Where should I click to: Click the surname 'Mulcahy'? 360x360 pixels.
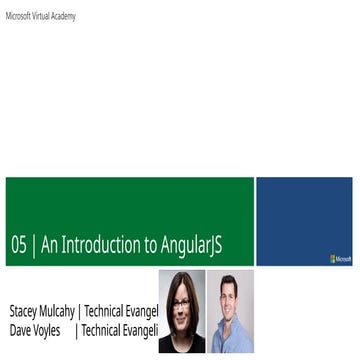70,311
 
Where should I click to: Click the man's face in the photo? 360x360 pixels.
226,292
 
